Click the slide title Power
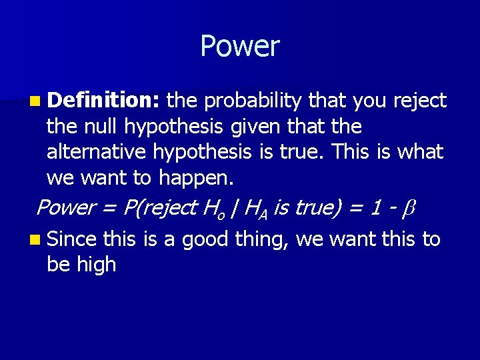point(239,47)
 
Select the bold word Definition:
point(103,101)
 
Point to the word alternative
point(97,152)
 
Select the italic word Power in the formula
point(65,207)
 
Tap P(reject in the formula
point(159,207)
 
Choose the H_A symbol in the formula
point(255,209)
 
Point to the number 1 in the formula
point(376,207)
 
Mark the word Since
point(72,238)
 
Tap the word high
point(98,264)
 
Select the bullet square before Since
point(34,239)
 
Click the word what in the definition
point(420,152)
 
